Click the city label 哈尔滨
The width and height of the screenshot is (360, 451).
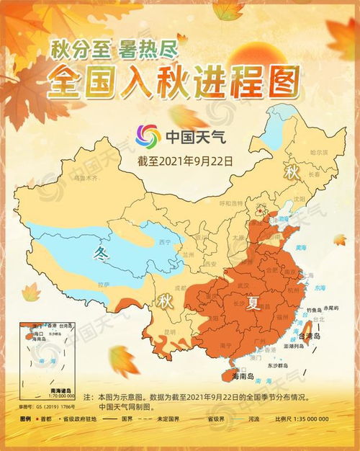pyautogui.click(x=318, y=153)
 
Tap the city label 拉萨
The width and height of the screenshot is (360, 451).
pyautogui.click(x=105, y=284)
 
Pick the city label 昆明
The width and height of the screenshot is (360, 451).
pyautogui.click(x=170, y=332)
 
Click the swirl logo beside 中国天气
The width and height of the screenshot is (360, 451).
pyautogui.click(x=149, y=135)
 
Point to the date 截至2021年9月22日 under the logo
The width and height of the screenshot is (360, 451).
pyautogui.click(x=185, y=161)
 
